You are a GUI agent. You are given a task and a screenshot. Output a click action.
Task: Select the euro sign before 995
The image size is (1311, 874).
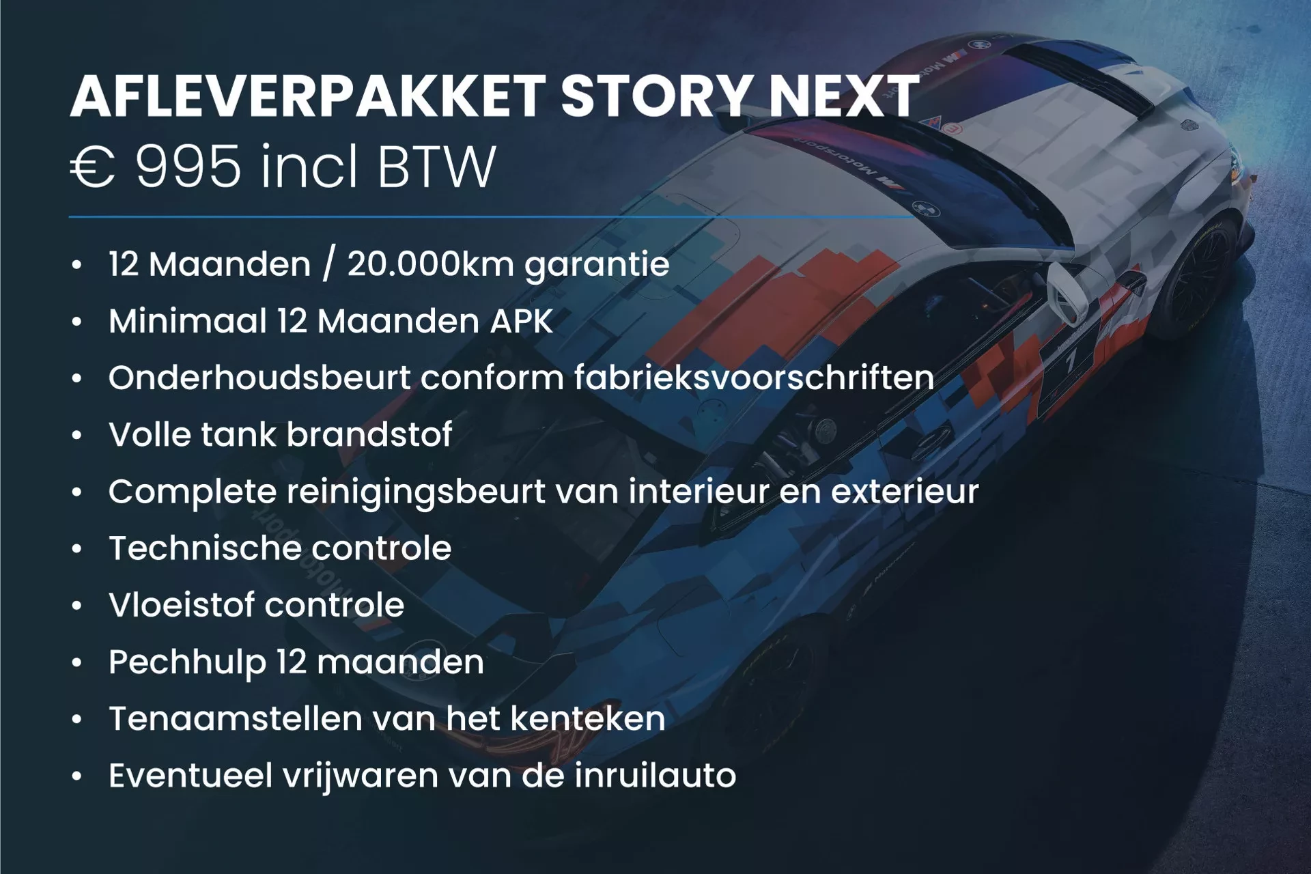[x=93, y=168]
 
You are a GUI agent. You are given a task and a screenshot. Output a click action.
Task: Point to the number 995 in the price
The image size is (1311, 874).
[x=188, y=167]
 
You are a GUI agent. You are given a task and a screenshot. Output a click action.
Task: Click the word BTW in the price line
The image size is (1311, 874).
[x=436, y=167]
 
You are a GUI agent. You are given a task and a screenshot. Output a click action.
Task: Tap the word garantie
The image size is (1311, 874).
[x=597, y=265]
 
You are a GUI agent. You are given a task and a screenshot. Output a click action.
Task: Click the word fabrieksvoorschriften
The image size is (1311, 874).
[x=754, y=378]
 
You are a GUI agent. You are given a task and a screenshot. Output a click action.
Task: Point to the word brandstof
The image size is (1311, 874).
[x=369, y=434]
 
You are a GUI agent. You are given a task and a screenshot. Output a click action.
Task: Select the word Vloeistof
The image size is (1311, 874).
[x=181, y=605]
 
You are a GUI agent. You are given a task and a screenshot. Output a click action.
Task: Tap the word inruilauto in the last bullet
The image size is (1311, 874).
[x=655, y=776]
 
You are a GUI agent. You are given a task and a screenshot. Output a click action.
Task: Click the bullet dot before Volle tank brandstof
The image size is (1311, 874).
[x=77, y=435]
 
